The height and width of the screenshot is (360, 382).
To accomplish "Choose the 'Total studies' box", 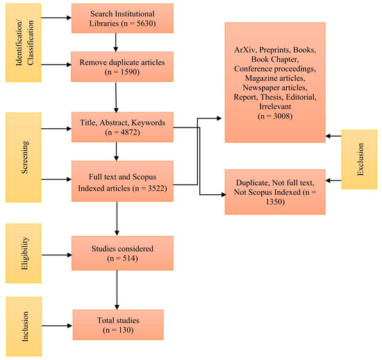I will pos(117,325).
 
